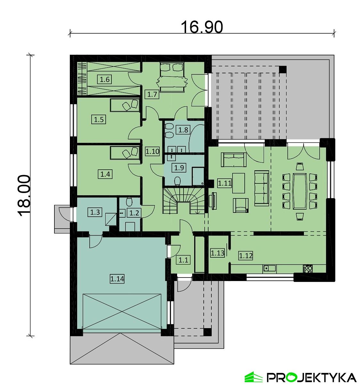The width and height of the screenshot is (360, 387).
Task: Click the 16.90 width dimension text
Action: click(x=202, y=27)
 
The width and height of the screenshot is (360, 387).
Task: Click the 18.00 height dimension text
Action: click(x=24, y=196)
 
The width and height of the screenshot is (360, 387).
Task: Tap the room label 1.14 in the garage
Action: click(x=117, y=279)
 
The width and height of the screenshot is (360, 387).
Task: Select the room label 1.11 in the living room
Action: click(x=225, y=183)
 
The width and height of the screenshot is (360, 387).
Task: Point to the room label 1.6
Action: click(x=105, y=79)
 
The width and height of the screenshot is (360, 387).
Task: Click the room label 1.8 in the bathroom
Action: click(x=183, y=130)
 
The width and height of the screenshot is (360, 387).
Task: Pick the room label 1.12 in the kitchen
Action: click(x=246, y=255)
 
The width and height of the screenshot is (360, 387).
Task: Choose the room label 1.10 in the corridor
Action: click(x=152, y=151)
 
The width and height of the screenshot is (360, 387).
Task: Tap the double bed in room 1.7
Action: click(x=172, y=77)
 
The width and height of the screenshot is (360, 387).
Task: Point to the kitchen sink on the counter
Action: click(x=270, y=268)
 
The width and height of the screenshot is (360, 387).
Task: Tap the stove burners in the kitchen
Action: click(x=307, y=269)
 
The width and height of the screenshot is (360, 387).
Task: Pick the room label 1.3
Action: click(x=95, y=212)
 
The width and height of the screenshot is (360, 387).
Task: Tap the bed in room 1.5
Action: click(x=125, y=105)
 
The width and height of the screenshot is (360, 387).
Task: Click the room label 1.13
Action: click(x=217, y=253)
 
